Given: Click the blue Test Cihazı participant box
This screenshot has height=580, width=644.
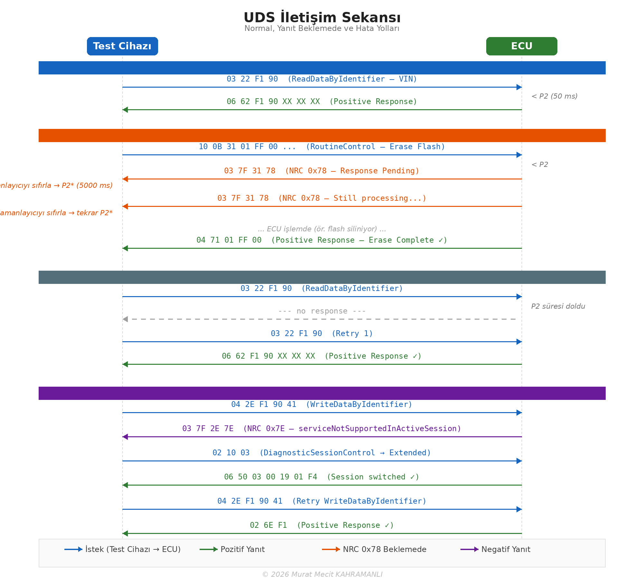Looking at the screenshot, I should (122, 46).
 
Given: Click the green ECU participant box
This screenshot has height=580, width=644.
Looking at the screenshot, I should (522, 46).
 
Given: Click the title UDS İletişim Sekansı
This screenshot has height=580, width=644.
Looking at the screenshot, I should (322, 17).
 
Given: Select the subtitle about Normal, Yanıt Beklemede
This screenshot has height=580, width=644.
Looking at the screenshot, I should (322, 28).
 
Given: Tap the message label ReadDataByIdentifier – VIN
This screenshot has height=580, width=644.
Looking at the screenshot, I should (322, 79).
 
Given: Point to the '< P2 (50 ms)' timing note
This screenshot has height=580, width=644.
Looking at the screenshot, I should (554, 96).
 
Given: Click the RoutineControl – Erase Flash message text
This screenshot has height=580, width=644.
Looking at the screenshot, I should (322, 147).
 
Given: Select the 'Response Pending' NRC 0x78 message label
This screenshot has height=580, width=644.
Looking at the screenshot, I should (322, 171).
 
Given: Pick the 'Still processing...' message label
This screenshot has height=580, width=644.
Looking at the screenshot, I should (322, 198).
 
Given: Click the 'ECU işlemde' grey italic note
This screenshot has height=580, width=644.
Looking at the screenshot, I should (322, 229).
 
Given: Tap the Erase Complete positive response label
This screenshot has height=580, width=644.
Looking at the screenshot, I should (322, 240).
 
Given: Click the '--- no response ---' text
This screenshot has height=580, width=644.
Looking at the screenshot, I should (322, 311).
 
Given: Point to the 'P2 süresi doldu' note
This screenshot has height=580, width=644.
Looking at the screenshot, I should (558, 306).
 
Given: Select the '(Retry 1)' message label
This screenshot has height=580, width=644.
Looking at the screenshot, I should (322, 333).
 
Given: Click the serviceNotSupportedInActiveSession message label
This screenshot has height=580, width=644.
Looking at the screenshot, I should (322, 429).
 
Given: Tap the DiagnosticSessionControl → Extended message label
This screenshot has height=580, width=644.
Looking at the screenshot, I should (322, 453).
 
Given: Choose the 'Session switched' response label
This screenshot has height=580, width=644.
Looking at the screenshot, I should (322, 477).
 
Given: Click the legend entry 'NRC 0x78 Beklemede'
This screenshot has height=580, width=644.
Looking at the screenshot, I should (384, 549).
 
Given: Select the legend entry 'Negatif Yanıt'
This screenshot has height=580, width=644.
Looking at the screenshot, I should (506, 549).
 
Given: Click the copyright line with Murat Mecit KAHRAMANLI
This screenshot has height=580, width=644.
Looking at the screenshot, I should (322, 575).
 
